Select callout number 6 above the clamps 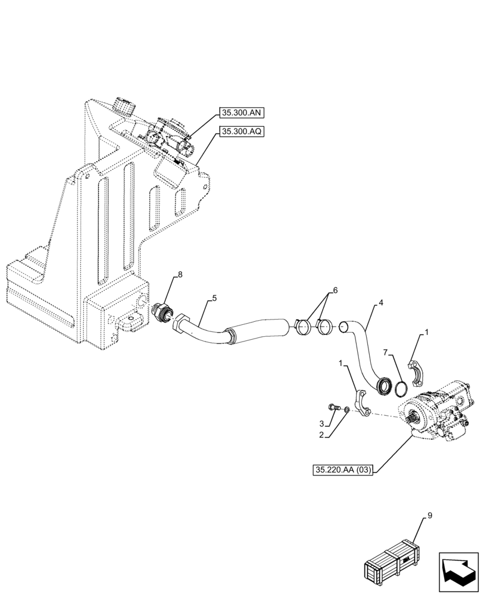pos(335,290)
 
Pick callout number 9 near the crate pos(429,516)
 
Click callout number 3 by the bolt pos(321,424)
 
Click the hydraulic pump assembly pos(437,415)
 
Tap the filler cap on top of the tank pos(124,108)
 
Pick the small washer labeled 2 pos(348,410)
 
